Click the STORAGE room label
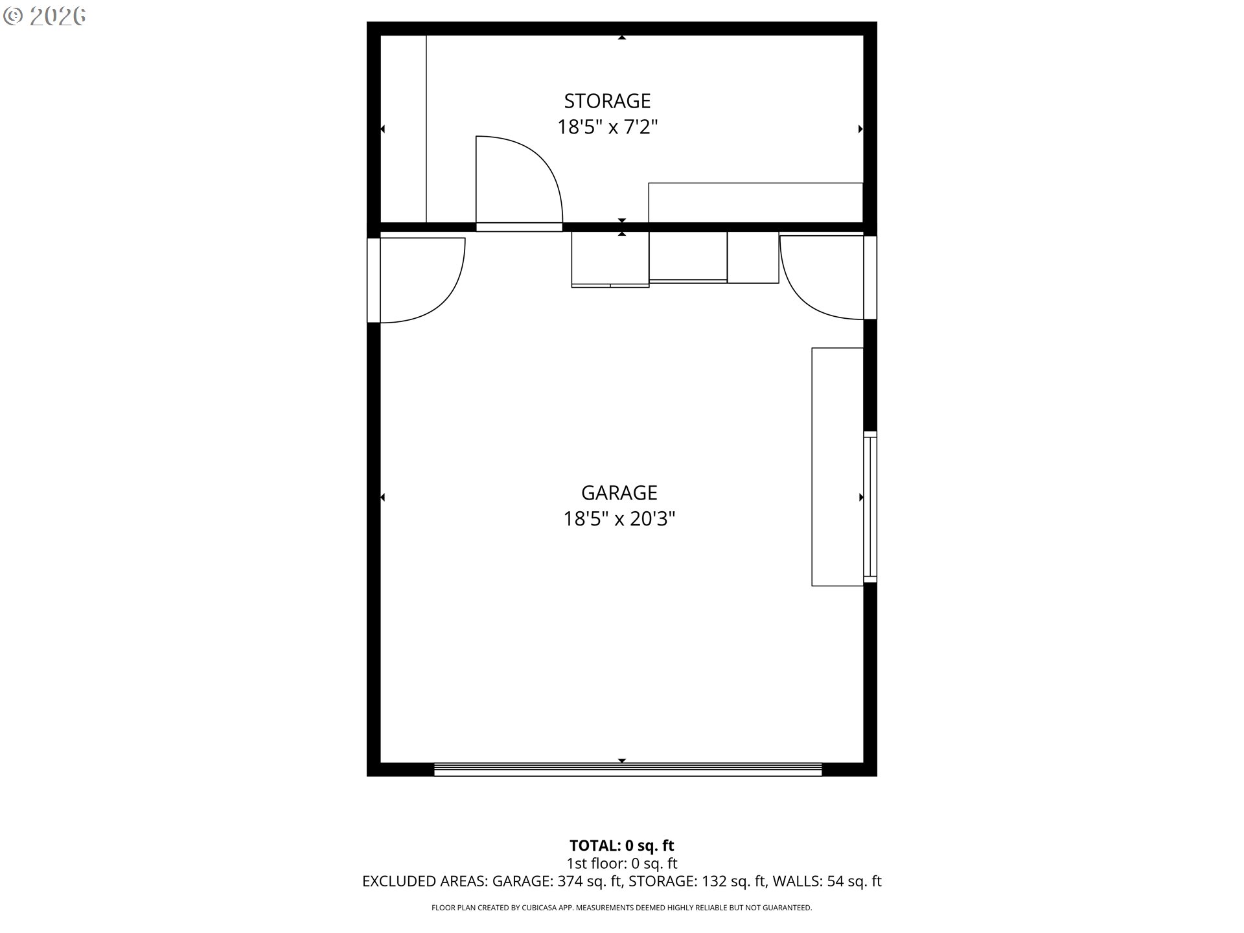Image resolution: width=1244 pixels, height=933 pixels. pyautogui.click(x=607, y=101)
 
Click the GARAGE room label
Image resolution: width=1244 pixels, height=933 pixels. pyautogui.click(x=619, y=493)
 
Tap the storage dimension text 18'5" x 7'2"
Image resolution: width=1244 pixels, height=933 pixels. pyautogui.click(x=608, y=127)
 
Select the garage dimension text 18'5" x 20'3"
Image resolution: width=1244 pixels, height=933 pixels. pyautogui.click(x=619, y=519)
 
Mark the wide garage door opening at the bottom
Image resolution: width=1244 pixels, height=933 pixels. pyautogui.click(x=628, y=770)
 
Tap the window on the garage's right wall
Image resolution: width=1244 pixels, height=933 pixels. pyautogui.click(x=870, y=507)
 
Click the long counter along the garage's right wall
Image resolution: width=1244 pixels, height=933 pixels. pyautogui.click(x=837, y=466)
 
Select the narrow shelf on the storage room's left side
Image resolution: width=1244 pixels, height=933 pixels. pyautogui.click(x=403, y=129)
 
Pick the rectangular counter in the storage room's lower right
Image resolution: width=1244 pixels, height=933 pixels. pyautogui.click(x=755, y=203)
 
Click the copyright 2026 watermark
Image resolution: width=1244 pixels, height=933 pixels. pyautogui.click(x=44, y=16)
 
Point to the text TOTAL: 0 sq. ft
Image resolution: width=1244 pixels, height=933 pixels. pyautogui.click(x=622, y=846)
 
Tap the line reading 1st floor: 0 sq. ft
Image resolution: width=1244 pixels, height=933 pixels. pyautogui.click(x=622, y=863)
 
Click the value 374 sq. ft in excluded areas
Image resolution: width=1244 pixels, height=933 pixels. pyautogui.click(x=589, y=881)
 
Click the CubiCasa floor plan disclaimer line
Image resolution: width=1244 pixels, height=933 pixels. pyautogui.click(x=622, y=908)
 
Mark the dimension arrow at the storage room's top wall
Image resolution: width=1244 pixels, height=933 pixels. pyautogui.click(x=622, y=38)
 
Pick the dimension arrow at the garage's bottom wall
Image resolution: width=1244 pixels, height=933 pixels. pyautogui.click(x=622, y=761)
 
